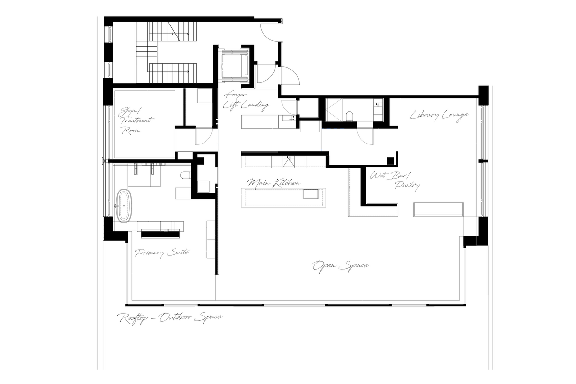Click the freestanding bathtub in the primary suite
[124, 206]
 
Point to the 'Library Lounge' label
[439, 115]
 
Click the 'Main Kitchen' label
[274, 183]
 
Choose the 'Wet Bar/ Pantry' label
[395, 180]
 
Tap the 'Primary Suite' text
[162, 252]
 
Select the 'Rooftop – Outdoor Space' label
[170, 318]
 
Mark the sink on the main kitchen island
[310, 194]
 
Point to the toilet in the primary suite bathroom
[186, 176]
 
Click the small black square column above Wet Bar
[391, 160]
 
